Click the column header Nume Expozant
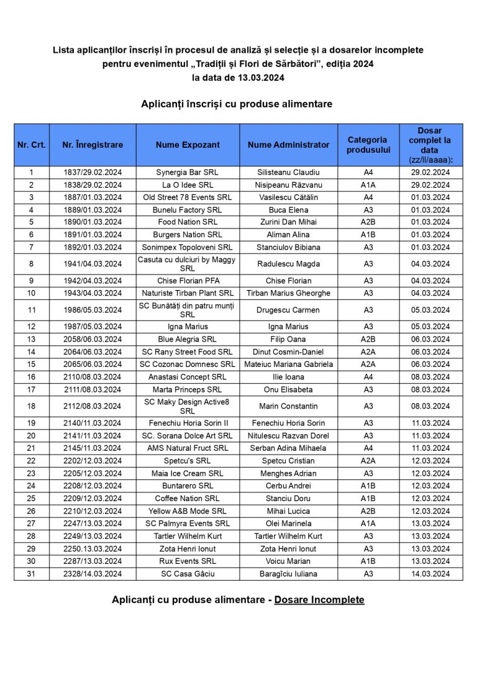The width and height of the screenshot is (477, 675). [188, 145]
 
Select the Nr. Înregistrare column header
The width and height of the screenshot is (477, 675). [93, 145]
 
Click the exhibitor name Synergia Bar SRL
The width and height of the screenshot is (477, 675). [188, 172]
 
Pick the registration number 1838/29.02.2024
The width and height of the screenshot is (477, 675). [93, 185]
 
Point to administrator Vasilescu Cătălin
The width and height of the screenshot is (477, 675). [288, 197]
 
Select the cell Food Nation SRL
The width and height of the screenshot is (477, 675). [188, 222]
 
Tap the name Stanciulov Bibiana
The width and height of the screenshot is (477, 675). [288, 247]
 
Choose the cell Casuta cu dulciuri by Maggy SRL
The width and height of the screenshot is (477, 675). [188, 264]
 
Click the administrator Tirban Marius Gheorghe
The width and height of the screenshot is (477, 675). [288, 293]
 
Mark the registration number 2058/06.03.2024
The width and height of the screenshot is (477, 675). [93, 339]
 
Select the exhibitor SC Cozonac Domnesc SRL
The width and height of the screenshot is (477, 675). [188, 365]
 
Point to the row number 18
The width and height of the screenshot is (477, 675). [32, 406]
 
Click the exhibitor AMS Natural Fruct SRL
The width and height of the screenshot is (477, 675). [188, 448]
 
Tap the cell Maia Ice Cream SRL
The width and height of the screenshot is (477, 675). [188, 473]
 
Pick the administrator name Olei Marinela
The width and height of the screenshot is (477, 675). [288, 523]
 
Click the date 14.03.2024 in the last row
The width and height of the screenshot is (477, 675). [430, 574]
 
